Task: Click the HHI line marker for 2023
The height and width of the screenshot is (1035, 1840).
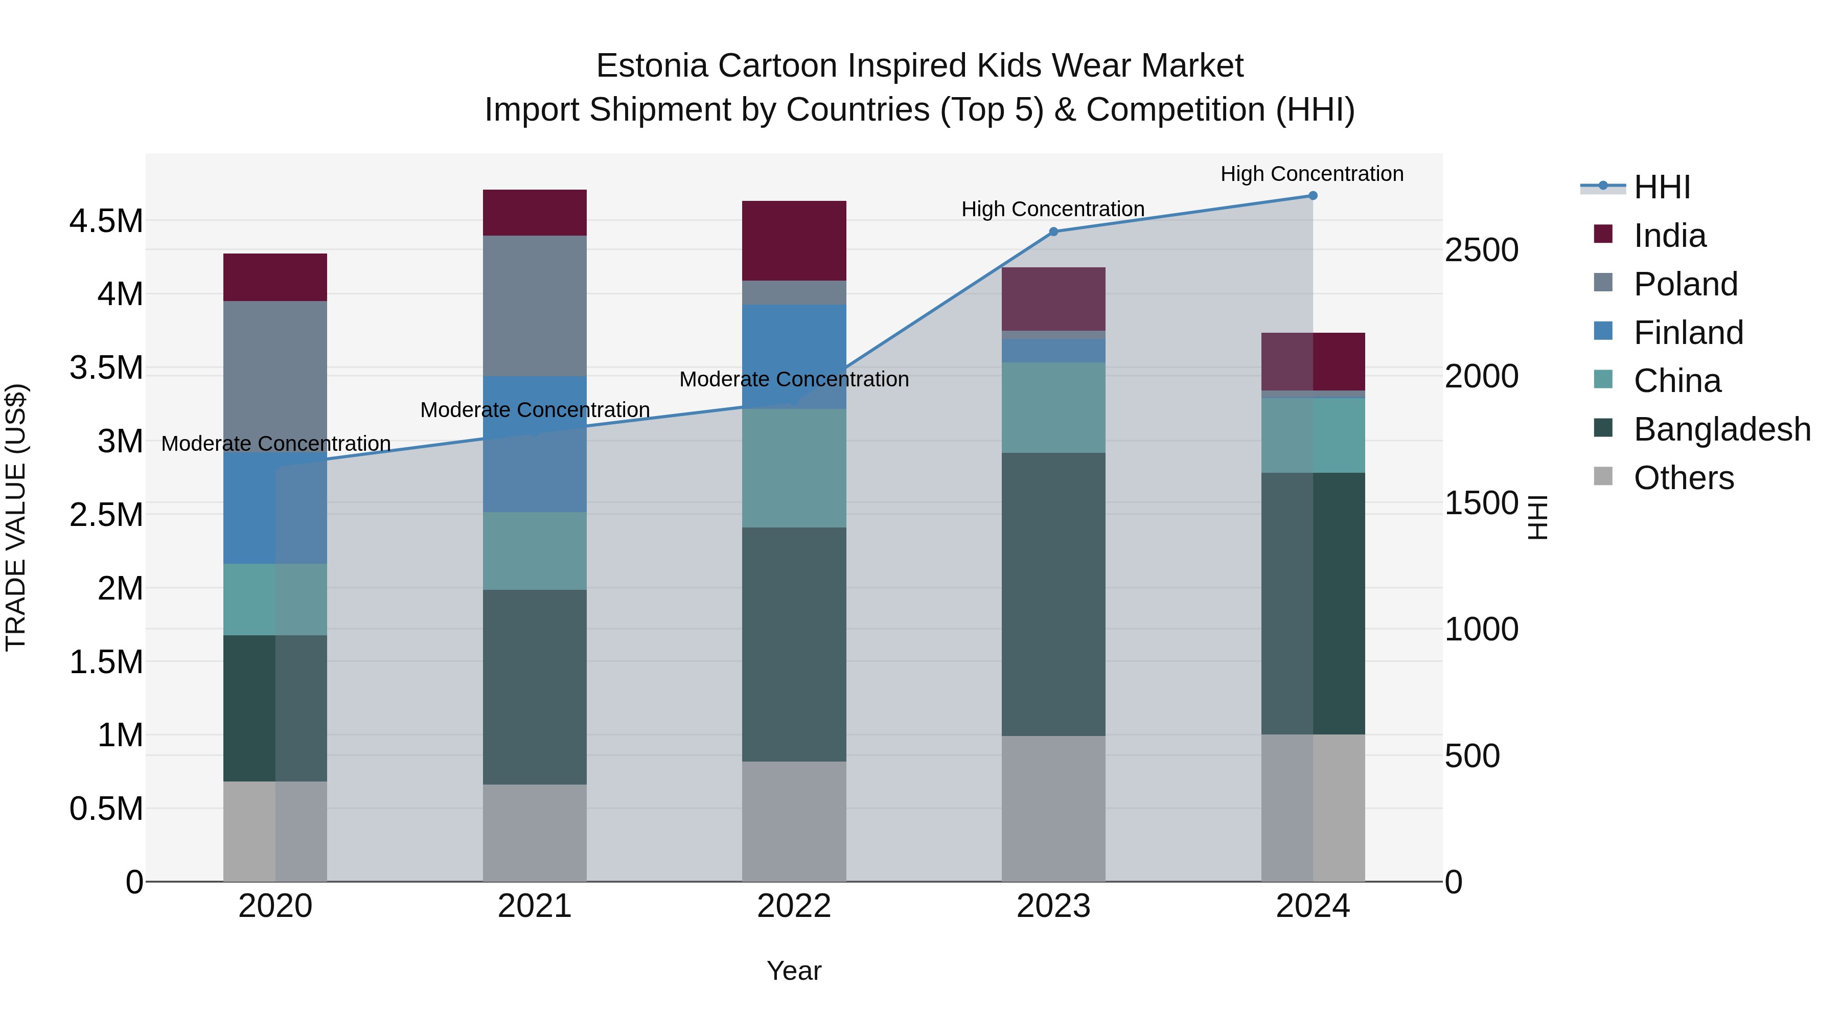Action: [x=1053, y=232]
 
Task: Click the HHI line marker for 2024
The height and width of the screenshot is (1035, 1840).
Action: [x=1313, y=196]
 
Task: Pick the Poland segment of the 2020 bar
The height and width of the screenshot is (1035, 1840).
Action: [x=275, y=376]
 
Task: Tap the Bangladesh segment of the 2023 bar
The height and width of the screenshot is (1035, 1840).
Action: [x=1053, y=594]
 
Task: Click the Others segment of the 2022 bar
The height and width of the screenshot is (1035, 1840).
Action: [x=794, y=821]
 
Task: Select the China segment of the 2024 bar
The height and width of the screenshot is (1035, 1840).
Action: [x=1313, y=435]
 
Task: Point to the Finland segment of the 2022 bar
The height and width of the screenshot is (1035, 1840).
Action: [x=794, y=356]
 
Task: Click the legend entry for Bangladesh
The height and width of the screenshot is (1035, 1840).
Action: [x=1721, y=429]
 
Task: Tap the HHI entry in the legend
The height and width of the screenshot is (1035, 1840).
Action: [x=1662, y=187]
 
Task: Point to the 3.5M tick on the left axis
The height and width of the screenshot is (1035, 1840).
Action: [x=106, y=368]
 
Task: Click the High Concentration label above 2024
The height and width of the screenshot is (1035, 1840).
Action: [x=1312, y=174]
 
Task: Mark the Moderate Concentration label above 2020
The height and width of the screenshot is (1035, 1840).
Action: [x=275, y=444]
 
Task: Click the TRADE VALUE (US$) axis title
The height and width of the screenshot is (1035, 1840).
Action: [x=16, y=517]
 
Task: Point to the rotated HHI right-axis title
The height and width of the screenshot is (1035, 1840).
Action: [x=1537, y=517]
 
